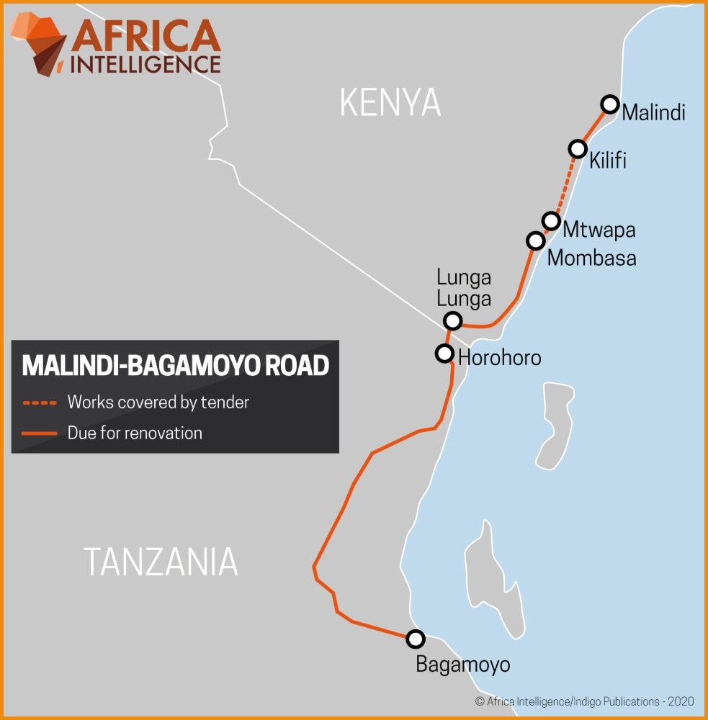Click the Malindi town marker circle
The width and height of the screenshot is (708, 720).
610,104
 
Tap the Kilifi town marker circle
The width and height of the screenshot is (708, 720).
578,149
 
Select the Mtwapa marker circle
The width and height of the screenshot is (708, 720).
551,220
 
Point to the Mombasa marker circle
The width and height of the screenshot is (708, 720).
535,240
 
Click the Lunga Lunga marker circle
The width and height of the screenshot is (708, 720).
452,320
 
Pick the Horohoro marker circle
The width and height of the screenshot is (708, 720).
445,354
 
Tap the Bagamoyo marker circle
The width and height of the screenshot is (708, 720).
416,639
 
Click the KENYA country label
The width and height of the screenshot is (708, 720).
390,104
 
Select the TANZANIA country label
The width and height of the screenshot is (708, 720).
161,562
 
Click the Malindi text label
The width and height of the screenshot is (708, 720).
653,113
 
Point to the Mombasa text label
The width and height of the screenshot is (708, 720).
591,258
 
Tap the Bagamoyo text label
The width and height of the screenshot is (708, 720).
462,665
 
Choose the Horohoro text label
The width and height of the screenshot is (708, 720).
499,357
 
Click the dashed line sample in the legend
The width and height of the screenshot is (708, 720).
40,402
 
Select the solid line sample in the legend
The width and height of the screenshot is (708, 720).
40,433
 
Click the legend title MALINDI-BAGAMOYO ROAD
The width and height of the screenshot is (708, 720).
175,366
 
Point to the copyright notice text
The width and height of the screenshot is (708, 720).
583,701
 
